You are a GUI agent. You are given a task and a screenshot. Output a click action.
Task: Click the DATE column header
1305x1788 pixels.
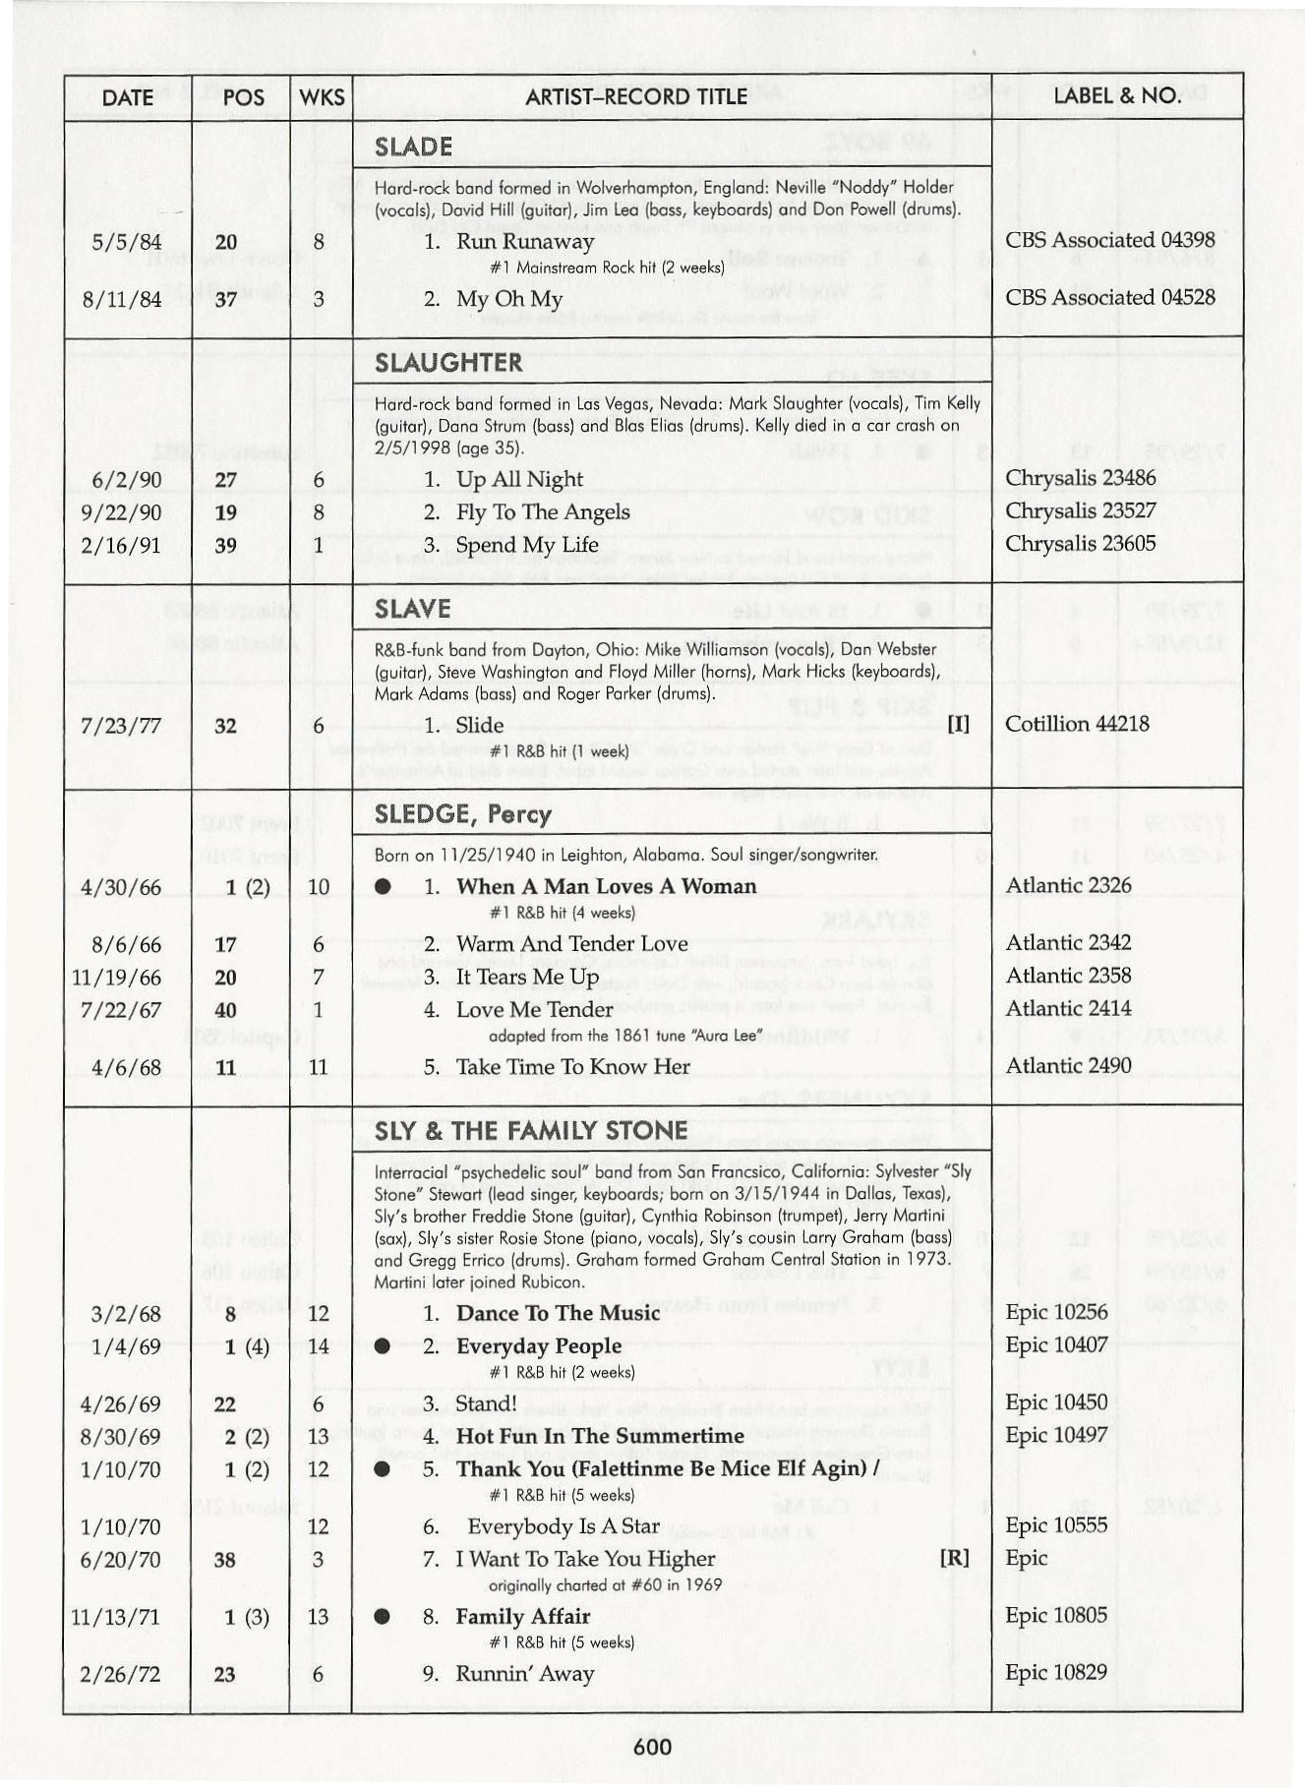127,97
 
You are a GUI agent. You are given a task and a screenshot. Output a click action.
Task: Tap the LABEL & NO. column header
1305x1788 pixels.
1116,95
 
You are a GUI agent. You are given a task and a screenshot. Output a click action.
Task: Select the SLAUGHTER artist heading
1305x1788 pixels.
448,363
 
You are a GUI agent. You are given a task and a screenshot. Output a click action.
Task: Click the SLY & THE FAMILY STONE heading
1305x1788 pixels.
531,1131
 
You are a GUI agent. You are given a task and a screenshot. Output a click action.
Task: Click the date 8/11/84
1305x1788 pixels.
122,299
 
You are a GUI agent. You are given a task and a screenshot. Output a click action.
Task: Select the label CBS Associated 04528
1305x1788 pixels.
1109,297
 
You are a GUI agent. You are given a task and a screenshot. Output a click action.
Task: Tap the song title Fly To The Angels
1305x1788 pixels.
543,512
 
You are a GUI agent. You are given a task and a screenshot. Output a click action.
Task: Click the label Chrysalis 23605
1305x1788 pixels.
1080,544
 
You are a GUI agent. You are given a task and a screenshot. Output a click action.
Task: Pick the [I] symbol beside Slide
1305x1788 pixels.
958,725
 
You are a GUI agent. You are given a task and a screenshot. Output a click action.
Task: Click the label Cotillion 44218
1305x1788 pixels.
1077,724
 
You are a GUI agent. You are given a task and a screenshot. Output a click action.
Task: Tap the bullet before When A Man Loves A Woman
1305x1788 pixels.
383,887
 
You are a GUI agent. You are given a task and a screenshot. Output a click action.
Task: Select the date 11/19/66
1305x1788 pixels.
116,978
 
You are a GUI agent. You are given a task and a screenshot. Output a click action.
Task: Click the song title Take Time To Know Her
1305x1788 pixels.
572,1067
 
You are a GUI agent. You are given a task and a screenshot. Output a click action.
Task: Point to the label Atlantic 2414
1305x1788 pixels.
1068,1008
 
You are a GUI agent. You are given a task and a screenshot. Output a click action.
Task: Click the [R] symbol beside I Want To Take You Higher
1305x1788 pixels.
954,1558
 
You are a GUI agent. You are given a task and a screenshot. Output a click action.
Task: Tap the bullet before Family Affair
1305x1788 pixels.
383,1617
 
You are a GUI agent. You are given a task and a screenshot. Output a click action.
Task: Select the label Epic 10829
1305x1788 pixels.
1055,1673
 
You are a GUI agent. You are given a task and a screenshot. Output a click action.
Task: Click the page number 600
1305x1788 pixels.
652,1747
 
